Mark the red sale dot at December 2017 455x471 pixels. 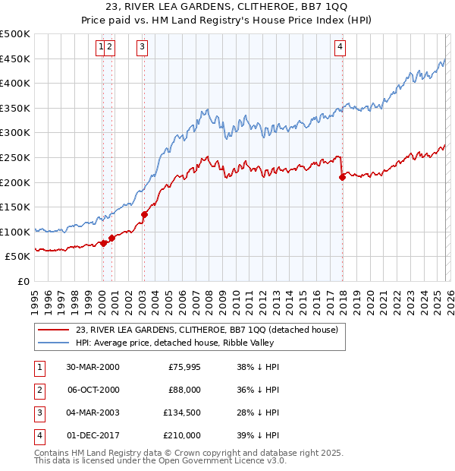click(x=342, y=177)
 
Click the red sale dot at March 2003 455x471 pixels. click(x=144, y=214)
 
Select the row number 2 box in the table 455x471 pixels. click(x=39, y=390)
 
